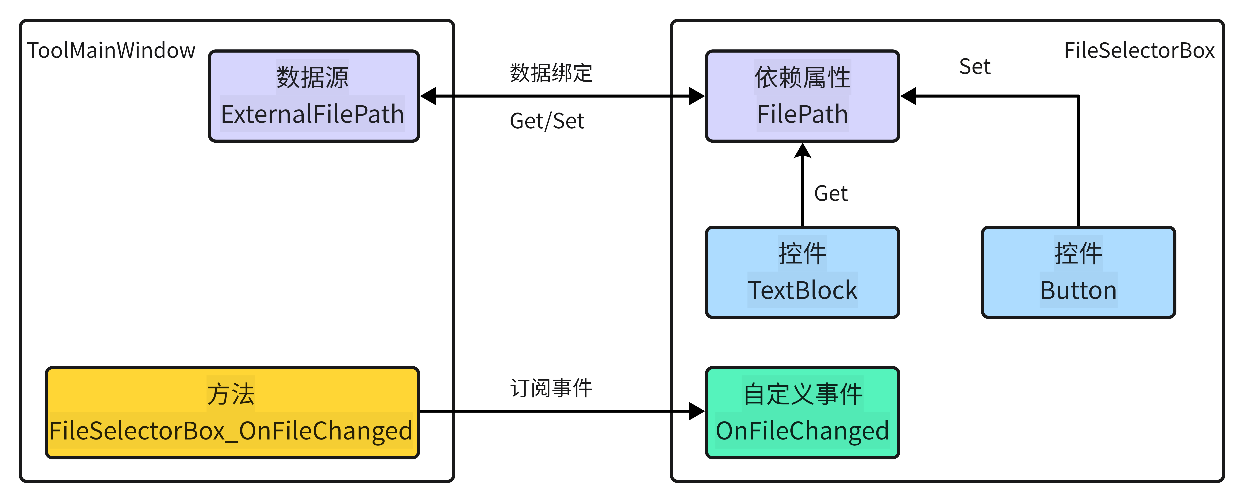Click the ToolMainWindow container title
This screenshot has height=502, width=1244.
pyautogui.click(x=111, y=50)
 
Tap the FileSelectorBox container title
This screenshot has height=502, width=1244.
pyautogui.click(x=1139, y=50)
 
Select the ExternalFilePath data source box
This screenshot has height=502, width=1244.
pyautogui.click(x=313, y=96)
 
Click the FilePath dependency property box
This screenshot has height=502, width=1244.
pyautogui.click(x=802, y=96)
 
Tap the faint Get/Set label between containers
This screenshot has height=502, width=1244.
pyautogui.click(x=547, y=121)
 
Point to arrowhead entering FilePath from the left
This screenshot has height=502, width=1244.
pyautogui.click(x=697, y=96)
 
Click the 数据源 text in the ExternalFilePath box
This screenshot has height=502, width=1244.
pyautogui.click(x=313, y=77)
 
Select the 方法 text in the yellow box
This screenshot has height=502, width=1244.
pyautogui.click(x=231, y=394)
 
